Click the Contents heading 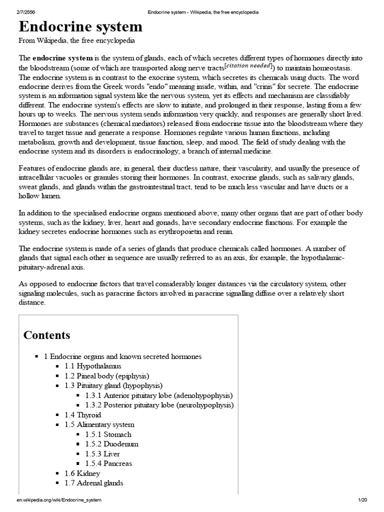(47, 335)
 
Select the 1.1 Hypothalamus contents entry (92, 366)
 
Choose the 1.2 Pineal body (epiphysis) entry (106, 375)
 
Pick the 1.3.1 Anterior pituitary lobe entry (159, 395)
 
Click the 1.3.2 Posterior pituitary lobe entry (159, 405)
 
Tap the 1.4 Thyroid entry (82, 415)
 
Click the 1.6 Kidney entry (82, 473)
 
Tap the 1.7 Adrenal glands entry (93, 483)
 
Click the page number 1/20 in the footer (362, 500)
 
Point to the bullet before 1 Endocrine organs (37, 356)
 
